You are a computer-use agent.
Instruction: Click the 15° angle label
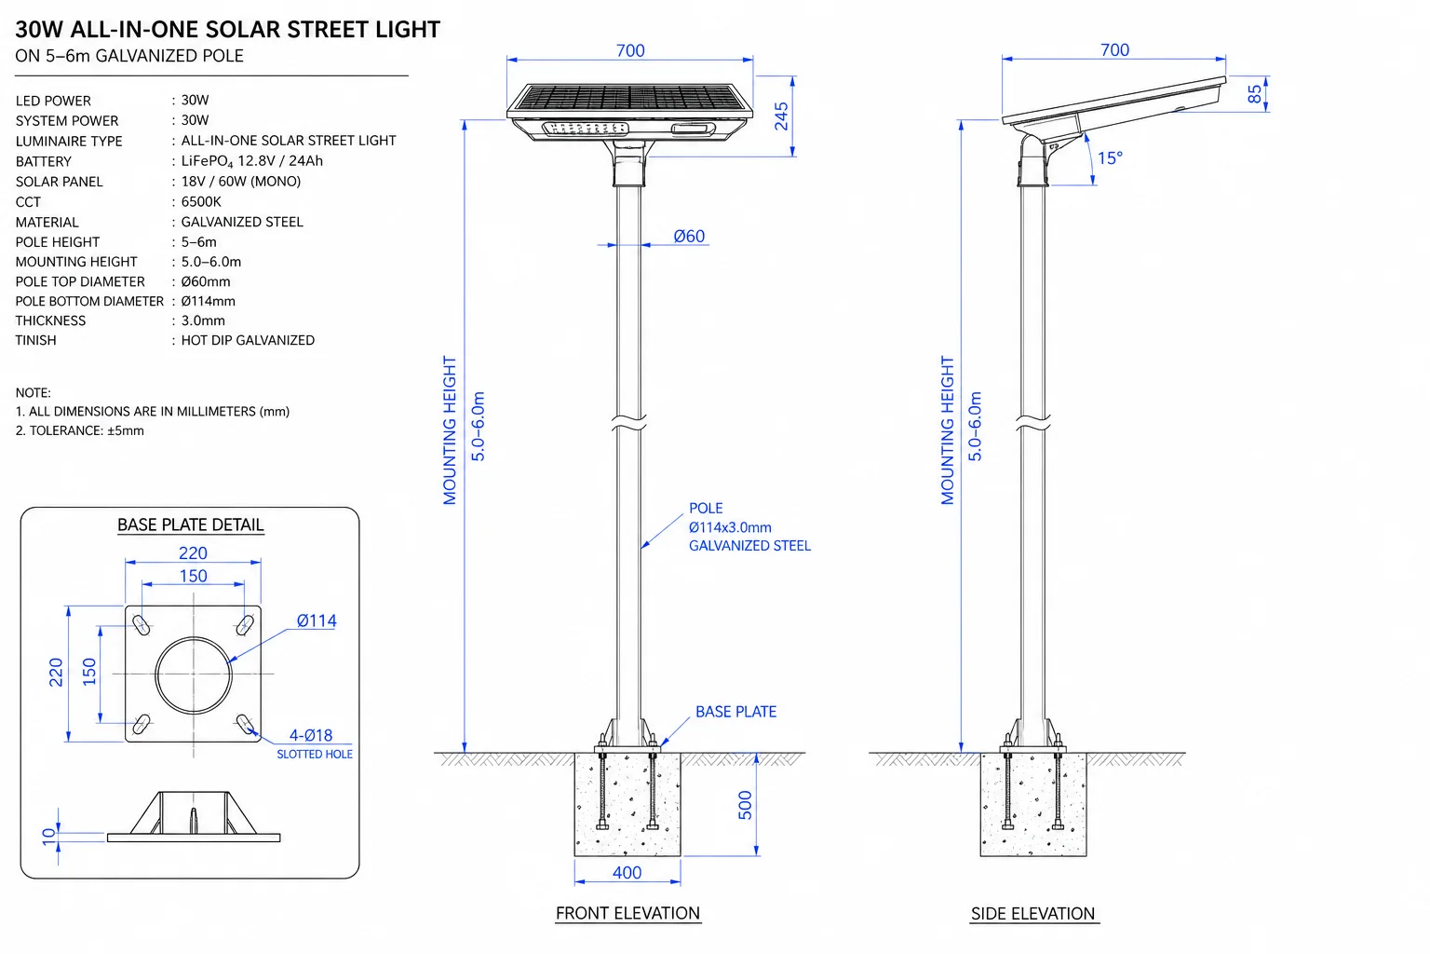coord(1110,157)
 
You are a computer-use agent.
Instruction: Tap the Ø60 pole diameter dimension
coord(689,237)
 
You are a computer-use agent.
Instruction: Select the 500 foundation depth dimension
coord(745,805)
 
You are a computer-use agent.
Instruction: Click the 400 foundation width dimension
coord(627,873)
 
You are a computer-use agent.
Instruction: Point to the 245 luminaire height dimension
coord(781,116)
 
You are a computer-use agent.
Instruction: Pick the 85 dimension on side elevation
coord(1254,94)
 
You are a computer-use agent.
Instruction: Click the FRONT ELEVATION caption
coord(627,913)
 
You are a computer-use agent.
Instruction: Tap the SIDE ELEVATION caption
coord(1032,914)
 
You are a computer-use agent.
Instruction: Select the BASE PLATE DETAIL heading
coord(190,525)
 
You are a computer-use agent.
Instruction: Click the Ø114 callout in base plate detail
coord(317,620)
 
